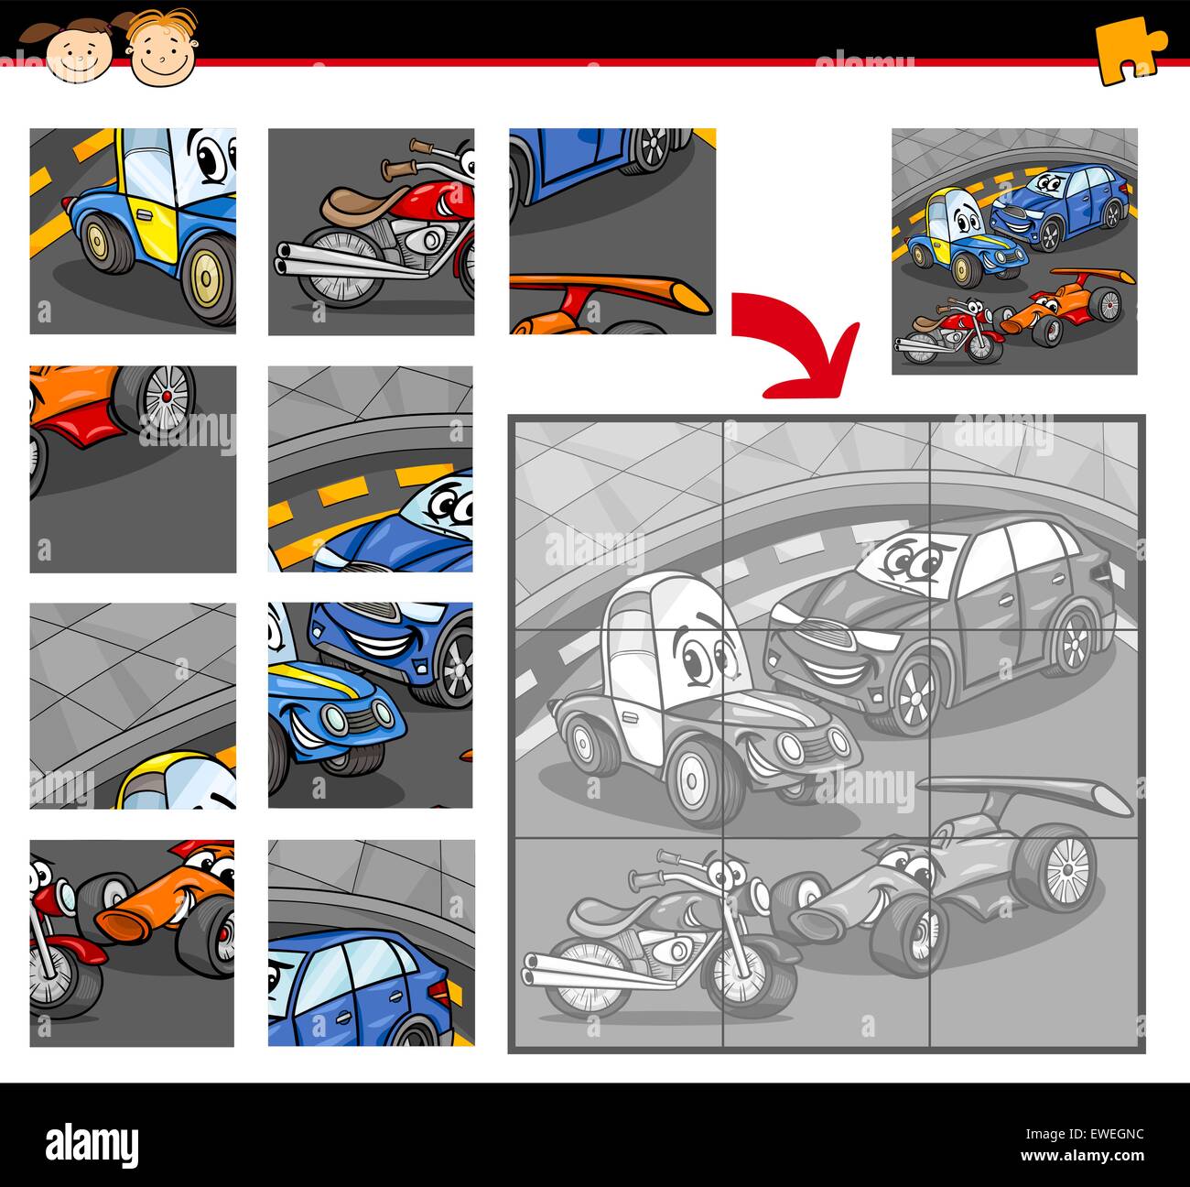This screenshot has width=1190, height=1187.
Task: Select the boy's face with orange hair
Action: click(162, 48)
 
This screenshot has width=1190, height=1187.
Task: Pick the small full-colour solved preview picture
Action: click(1014, 251)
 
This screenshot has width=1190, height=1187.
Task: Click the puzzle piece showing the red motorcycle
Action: click(371, 231)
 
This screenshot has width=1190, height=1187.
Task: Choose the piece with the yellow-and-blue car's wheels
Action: click(133, 231)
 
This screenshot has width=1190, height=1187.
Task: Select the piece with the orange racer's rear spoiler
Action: click(612, 231)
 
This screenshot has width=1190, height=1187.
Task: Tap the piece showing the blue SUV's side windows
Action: click(371, 942)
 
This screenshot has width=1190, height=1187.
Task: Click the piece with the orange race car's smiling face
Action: click(132, 942)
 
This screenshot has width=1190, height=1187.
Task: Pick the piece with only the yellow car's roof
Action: click(133, 705)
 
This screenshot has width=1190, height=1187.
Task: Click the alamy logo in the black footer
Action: click(92, 1145)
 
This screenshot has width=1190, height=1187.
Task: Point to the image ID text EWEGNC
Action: click(1109, 1134)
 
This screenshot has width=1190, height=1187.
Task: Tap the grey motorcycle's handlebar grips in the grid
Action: click(659, 866)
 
